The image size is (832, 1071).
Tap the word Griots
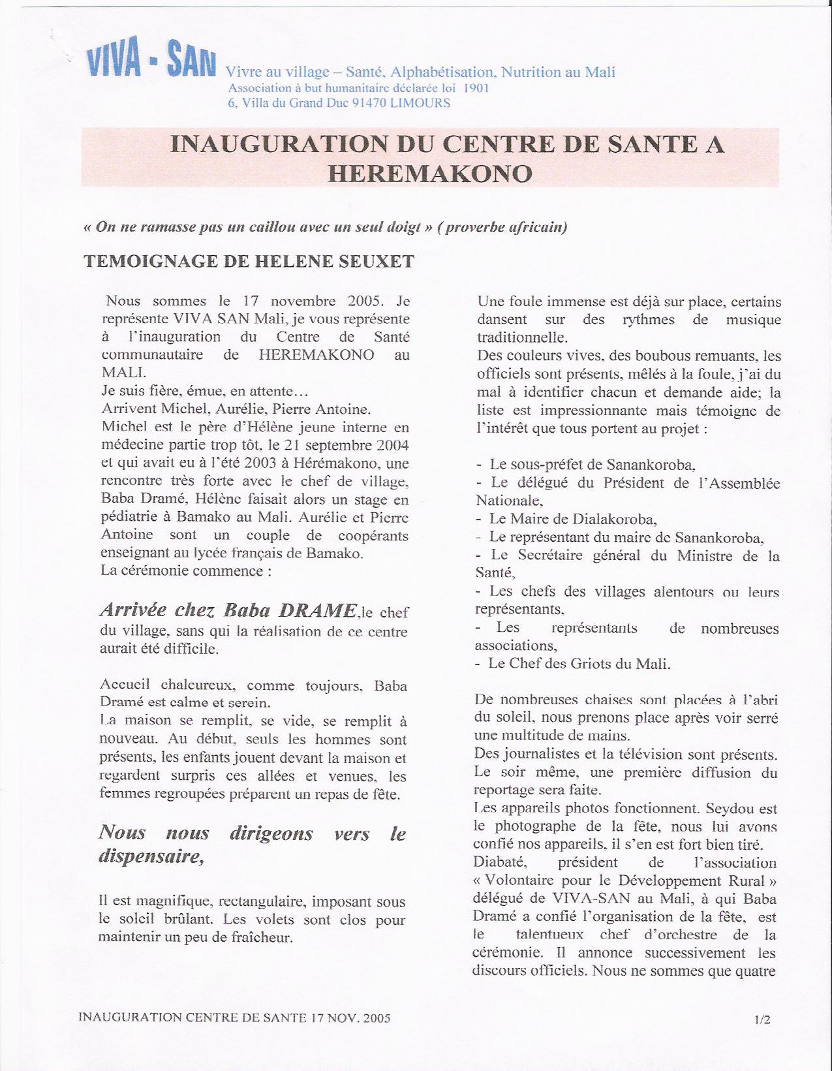(591, 664)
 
